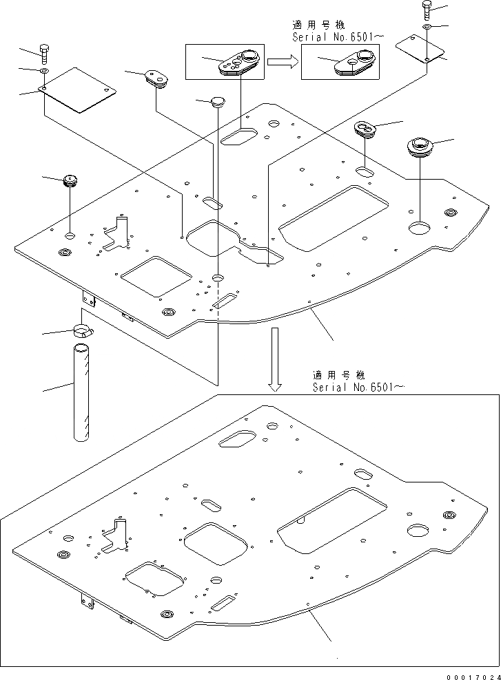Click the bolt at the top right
[x=427, y=10]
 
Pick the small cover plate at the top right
[x=421, y=48]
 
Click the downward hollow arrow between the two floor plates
[x=275, y=358]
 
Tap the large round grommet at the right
[x=419, y=147]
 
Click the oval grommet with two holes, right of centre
[x=365, y=128]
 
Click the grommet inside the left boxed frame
[x=237, y=62]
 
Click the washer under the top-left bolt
[x=44, y=71]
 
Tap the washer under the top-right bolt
[x=427, y=27]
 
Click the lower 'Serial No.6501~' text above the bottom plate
[x=357, y=387]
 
